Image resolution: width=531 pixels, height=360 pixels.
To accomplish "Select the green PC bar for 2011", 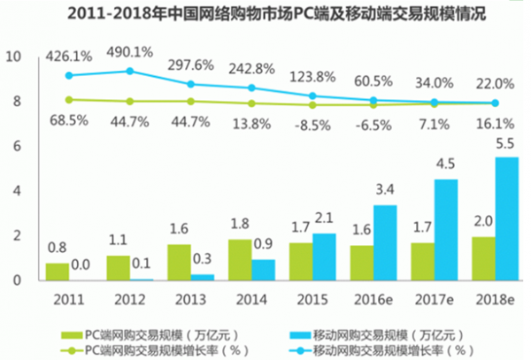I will (58, 271).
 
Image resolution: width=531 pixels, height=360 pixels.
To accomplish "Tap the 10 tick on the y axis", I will (12, 56).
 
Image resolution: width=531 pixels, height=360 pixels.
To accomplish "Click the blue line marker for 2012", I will (130, 71).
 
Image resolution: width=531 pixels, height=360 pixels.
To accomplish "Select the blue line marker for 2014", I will (251, 88).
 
